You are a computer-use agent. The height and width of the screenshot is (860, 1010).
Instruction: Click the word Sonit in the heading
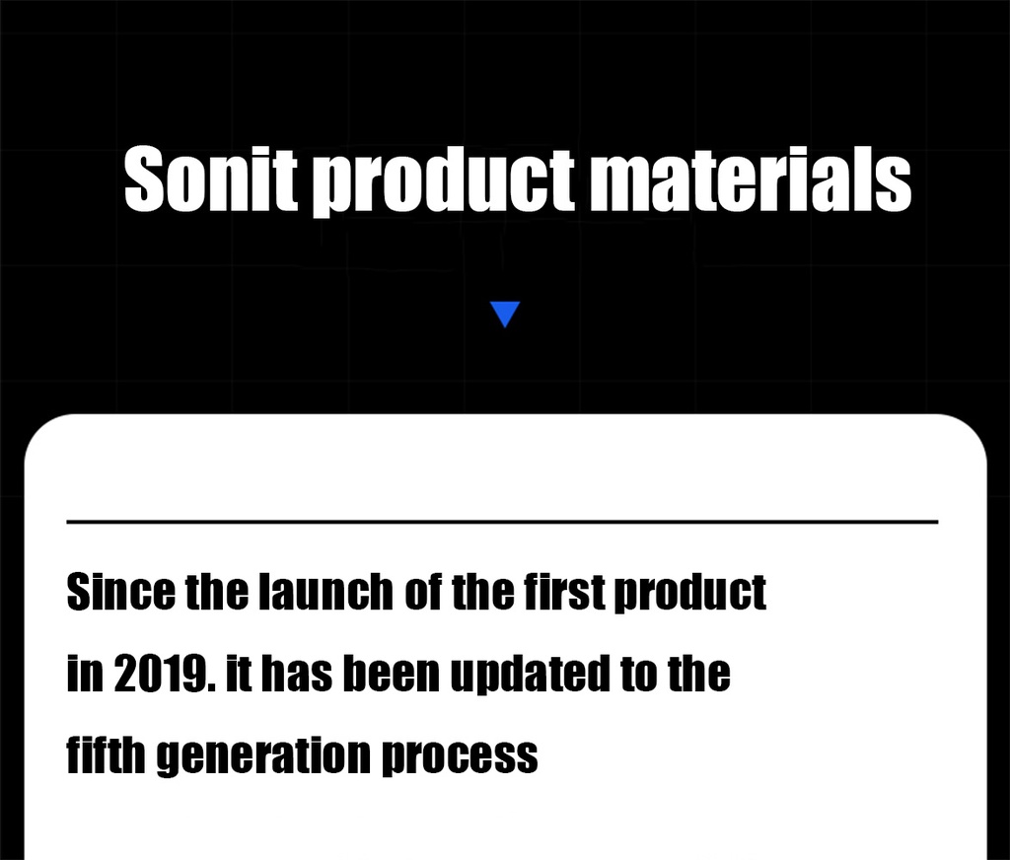[x=211, y=179]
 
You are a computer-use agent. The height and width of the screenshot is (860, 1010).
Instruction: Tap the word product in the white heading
[x=444, y=182]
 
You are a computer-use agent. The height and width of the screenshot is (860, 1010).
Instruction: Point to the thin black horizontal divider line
[x=502, y=521]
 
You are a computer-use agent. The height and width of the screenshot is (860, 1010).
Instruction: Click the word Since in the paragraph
[x=120, y=592]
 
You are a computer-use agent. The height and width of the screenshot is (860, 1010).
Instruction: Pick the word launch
[x=325, y=592]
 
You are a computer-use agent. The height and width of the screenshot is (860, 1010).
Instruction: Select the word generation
[x=263, y=756]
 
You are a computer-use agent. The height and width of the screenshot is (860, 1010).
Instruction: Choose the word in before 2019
[x=85, y=674]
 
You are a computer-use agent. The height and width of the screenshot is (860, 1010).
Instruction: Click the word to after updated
[x=638, y=675]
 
